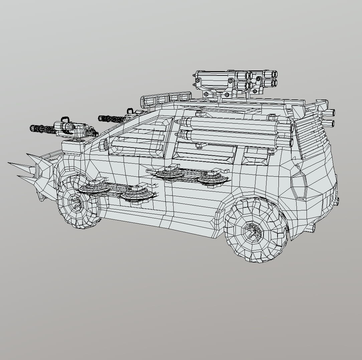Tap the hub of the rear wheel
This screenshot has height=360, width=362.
[x=253, y=230]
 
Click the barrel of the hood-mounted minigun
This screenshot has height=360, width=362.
[x=42, y=129]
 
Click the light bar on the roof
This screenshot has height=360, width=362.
[x=165, y=98]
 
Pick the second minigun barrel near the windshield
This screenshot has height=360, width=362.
[x=112, y=119]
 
